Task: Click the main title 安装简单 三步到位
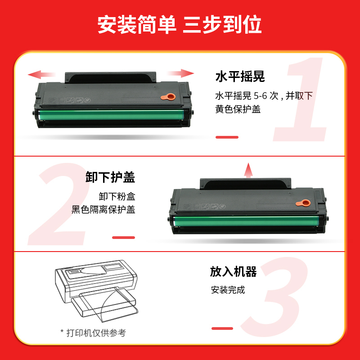point(180,25)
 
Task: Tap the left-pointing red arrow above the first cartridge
point(41,74)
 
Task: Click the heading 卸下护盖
point(110,177)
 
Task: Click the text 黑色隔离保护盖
point(103,209)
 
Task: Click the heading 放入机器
point(233,272)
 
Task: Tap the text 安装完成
point(228,290)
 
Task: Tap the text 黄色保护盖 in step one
point(238,109)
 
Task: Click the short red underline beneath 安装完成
point(222,328)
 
